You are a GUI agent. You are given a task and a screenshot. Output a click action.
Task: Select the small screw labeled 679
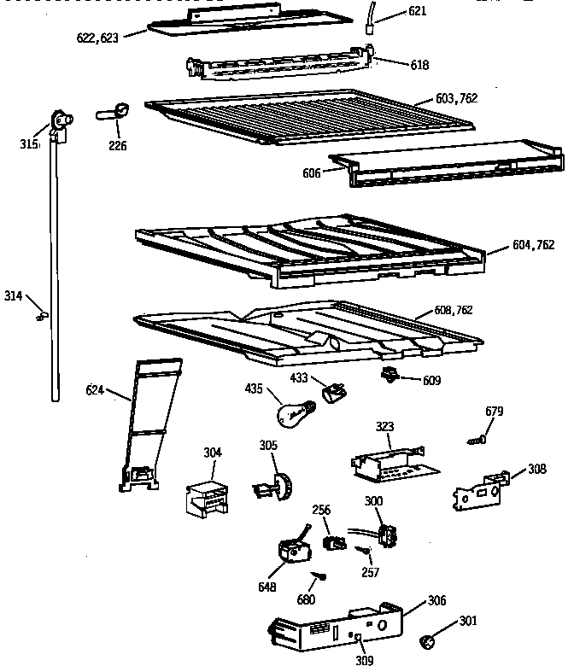point(477,440)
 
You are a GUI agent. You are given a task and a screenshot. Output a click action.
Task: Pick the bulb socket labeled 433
point(334,391)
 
